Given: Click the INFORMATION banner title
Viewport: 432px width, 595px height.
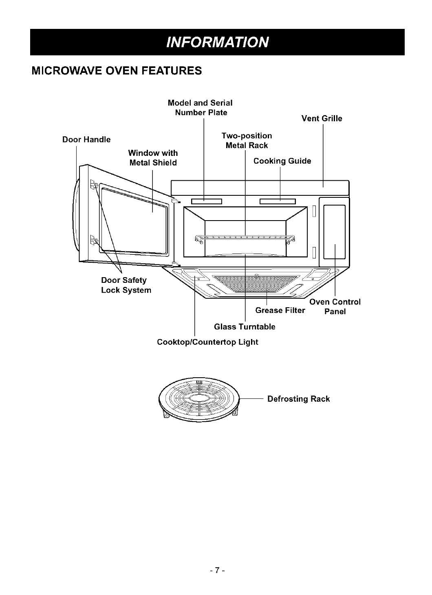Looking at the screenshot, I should point(217,42).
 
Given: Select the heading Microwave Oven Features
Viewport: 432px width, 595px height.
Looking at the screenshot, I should point(116,71).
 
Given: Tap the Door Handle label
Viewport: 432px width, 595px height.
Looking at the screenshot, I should point(86,140).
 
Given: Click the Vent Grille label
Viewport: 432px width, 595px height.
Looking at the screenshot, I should point(322,118).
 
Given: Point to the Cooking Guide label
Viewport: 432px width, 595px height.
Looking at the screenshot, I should point(282,161).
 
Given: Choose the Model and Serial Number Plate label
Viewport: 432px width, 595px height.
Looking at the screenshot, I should point(201,107).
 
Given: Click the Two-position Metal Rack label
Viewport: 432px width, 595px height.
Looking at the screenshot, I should point(247,140).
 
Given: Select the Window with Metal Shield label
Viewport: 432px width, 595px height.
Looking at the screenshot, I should point(153,158).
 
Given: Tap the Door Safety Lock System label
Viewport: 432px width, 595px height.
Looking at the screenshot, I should point(126,285).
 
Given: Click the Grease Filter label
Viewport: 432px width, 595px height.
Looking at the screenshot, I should point(280,311).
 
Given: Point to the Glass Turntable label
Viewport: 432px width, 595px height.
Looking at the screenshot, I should point(245,327).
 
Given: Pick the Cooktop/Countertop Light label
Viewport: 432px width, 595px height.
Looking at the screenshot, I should point(207,342).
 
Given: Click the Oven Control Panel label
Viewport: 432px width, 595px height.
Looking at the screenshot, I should point(335,306).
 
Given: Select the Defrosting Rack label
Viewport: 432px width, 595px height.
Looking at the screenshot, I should point(298,399).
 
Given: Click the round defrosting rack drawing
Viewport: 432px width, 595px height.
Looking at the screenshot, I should point(200,398).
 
